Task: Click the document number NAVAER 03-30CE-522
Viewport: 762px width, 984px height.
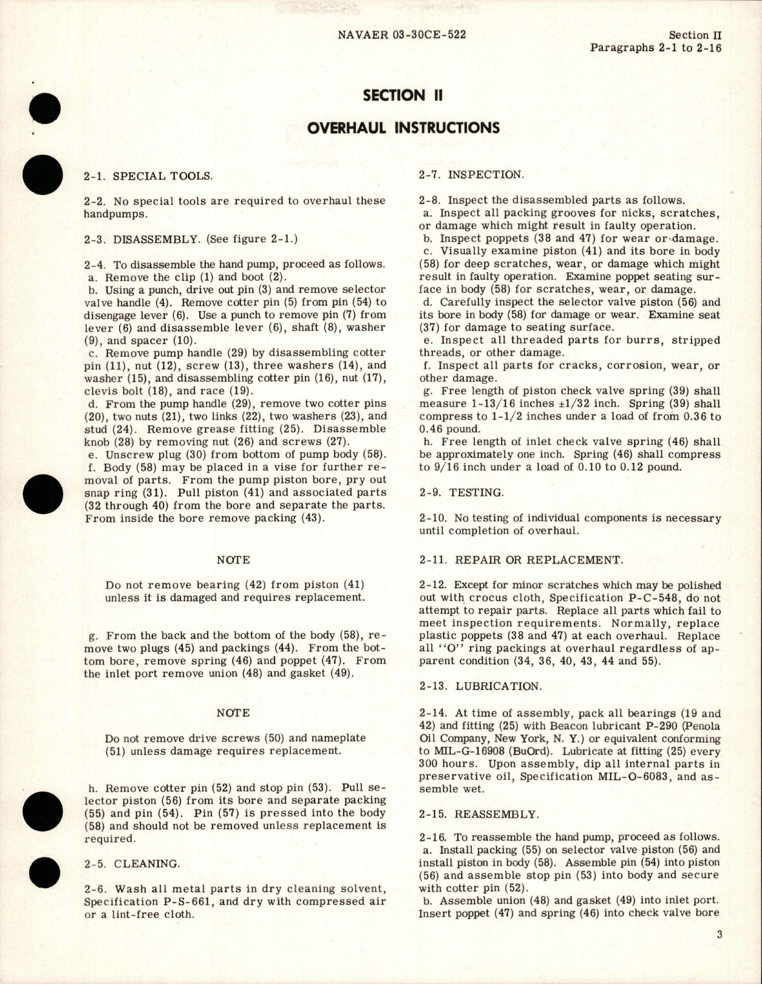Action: tap(401, 35)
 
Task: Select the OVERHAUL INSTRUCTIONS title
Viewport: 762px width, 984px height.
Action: tap(403, 127)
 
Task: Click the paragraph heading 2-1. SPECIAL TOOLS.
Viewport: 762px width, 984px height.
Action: tap(149, 177)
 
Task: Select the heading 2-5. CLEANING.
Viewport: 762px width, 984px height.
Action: tap(132, 863)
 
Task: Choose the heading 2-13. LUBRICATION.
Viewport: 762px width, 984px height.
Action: tap(480, 687)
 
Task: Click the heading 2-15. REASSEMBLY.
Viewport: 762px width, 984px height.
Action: tap(479, 814)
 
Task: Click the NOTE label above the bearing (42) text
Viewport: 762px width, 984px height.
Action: tap(233, 560)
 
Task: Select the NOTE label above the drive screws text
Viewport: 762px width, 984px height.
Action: tap(233, 713)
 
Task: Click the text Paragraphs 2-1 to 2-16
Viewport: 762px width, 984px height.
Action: tap(655, 48)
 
